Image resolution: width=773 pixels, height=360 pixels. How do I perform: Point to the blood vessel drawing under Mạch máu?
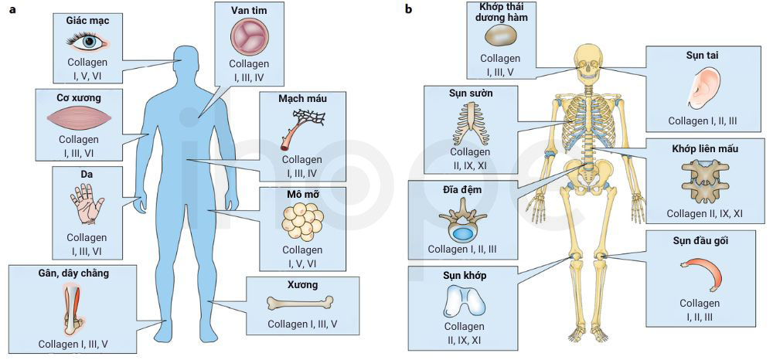[301, 130]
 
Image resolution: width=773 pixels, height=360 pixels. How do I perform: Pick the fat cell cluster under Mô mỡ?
[301, 223]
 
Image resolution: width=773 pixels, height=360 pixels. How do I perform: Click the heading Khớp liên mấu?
[704, 149]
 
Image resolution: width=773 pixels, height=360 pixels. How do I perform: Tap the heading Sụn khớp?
[464, 276]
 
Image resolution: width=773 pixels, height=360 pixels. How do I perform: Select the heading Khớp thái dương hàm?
[500, 12]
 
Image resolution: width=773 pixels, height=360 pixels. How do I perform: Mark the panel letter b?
[408, 8]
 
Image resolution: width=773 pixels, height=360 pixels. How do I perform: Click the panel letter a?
[12, 9]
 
